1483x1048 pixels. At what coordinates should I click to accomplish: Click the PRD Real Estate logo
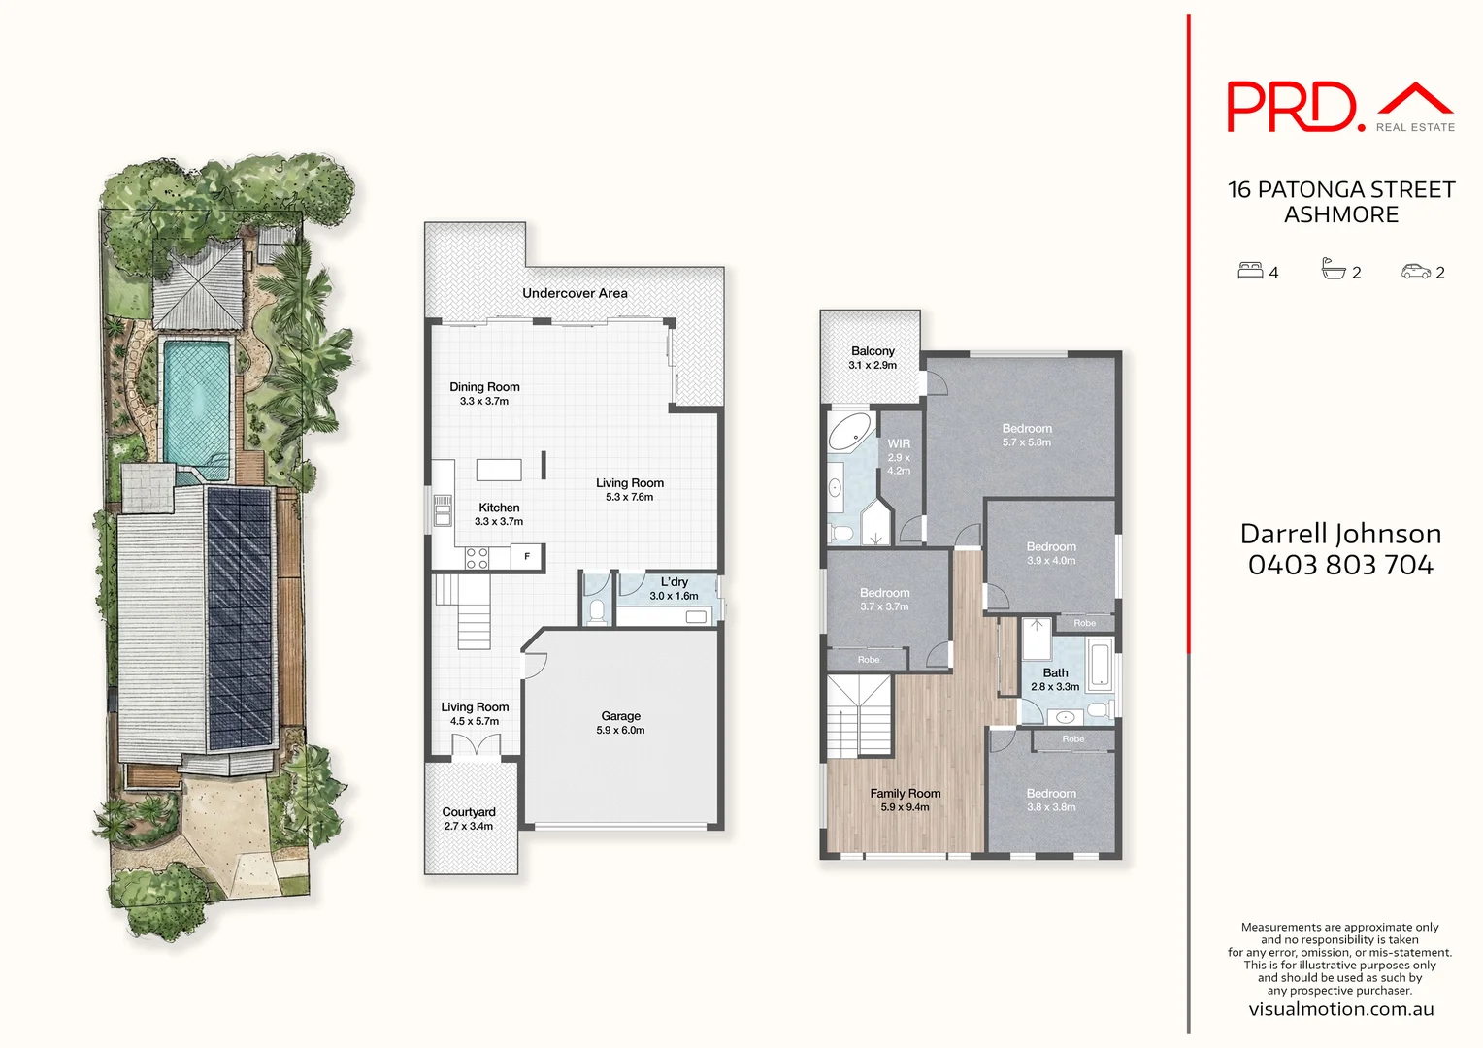click(x=1340, y=107)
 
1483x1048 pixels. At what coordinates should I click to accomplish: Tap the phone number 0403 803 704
click(x=1340, y=565)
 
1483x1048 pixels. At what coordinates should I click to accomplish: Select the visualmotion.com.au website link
click(x=1340, y=1009)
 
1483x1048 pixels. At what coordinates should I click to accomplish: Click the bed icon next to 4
click(x=1250, y=271)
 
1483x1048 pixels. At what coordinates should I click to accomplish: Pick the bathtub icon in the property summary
click(x=1334, y=270)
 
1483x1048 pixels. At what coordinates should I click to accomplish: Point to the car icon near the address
click(x=1416, y=272)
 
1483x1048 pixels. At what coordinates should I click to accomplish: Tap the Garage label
click(x=620, y=716)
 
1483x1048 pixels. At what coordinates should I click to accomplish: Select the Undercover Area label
click(x=575, y=293)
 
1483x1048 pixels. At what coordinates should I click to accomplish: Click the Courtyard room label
click(x=469, y=812)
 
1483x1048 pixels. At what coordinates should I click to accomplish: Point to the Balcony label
click(x=873, y=351)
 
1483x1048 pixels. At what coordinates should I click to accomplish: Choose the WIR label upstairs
click(x=899, y=444)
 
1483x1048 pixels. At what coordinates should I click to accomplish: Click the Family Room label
click(x=905, y=794)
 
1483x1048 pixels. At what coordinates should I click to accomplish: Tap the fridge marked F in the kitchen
click(x=527, y=556)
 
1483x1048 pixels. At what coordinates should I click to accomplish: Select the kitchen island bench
click(x=499, y=470)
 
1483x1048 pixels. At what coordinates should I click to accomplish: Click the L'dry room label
click(x=674, y=582)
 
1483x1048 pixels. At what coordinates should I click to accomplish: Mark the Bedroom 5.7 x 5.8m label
click(x=1027, y=429)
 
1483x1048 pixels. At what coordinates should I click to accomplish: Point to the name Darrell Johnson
click(x=1340, y=534)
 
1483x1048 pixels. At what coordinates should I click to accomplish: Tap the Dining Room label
click(x=484, y=387)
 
